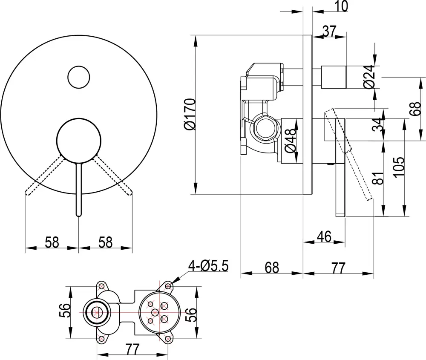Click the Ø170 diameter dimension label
(190, 114)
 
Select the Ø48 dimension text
(290, 140)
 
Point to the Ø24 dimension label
(369, 77)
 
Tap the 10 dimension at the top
(342, 6)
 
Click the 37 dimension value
(330, 31)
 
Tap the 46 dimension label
(325, 236)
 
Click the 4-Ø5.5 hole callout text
(209, 266)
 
